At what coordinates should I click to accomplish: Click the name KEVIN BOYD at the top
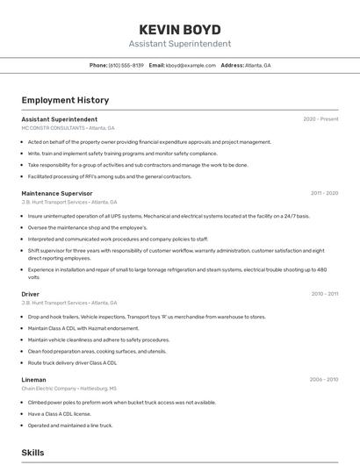click(179, 29)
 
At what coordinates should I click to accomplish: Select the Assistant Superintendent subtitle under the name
click(179, 44)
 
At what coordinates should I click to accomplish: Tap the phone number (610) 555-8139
click(126, 66)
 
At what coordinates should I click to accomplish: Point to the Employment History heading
click(65, 101)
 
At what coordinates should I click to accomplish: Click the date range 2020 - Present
click(320, 119)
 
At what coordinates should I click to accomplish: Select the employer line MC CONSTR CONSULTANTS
click(68, 128)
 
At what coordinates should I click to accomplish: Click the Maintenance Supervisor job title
click(56, 193)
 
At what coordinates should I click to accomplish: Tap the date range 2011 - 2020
click(324, 193)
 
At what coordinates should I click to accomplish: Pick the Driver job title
click(31, 294)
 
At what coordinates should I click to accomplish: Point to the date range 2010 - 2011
click(324, 294)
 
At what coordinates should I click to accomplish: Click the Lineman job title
click(34, 380)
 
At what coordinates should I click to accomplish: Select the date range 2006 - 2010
click(324, 380)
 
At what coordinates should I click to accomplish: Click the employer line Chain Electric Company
click(68, 389)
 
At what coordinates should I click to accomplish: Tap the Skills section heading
click(33, 453)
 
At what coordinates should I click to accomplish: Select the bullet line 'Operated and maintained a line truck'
click(70, 426)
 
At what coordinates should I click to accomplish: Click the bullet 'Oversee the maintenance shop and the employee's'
click(87, 227)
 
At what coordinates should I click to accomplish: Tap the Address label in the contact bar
click(232, 66)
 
